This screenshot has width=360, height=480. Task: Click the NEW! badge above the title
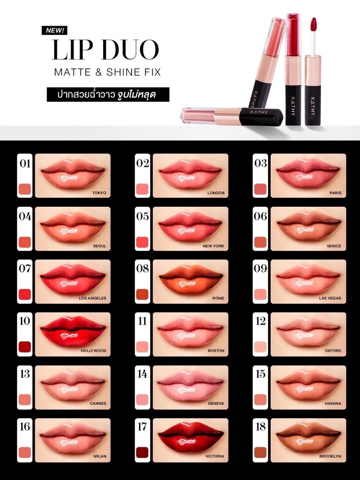tap(54, 30)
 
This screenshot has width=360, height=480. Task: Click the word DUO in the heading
tap(130, 50)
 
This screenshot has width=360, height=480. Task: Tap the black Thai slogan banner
tap(108, 95)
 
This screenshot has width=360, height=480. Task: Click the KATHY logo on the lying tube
tap(259, 112)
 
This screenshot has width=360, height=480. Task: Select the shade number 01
tap(25, 164)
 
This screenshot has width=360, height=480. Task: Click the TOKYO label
tap(99, 193)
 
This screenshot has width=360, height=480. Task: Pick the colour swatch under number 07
tap(25, 294)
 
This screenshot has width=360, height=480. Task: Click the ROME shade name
tap(218, 298)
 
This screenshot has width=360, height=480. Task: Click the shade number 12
tap(261, 321)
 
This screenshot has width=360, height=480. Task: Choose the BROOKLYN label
tap(330, 456)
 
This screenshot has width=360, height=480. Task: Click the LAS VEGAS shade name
tap(330, 298)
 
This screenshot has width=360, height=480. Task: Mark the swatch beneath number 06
tap(261, 242)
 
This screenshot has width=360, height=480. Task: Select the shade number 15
tap(261, 374)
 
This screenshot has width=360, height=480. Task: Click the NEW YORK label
tap(213, 246)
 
